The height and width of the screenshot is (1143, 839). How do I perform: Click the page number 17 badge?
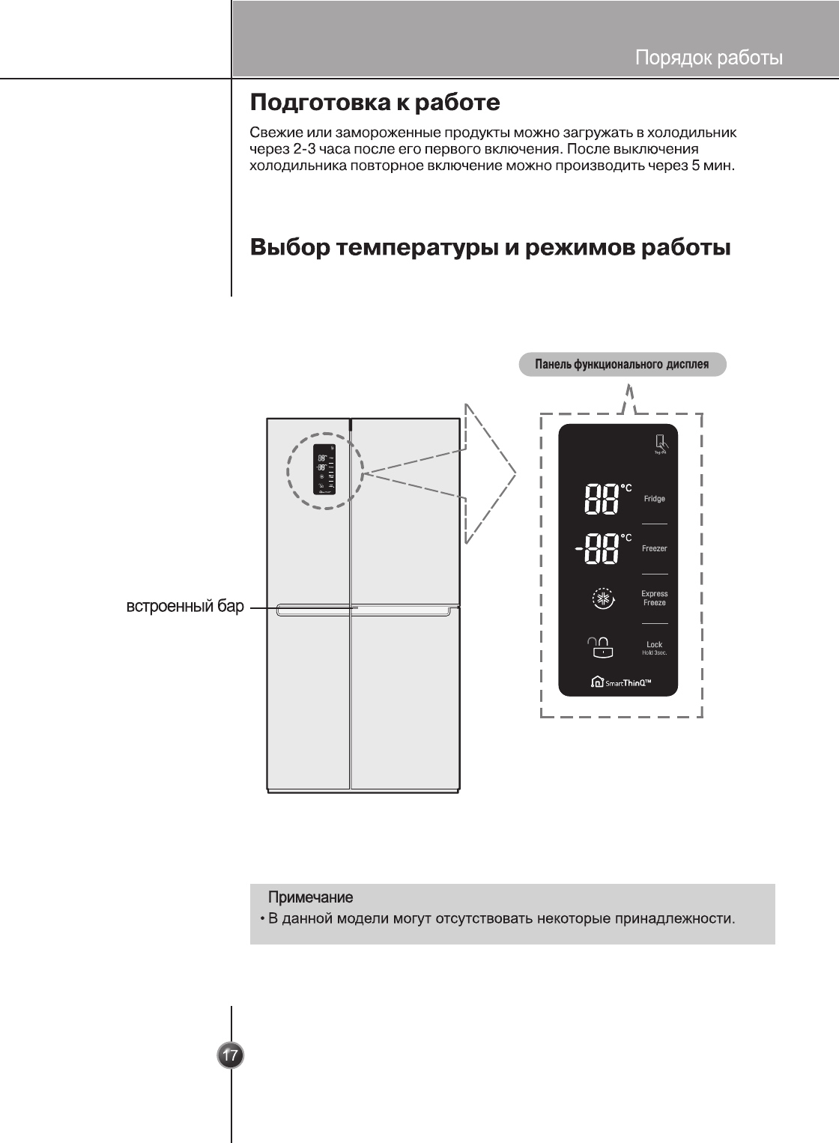point(231,1055)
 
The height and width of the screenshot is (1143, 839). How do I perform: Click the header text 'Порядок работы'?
point(709,58)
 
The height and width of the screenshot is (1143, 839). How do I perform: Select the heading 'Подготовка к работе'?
point(375,102)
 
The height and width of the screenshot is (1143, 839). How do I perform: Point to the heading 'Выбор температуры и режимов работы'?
point(490,246)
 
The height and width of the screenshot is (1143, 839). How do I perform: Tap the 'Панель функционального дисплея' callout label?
point(622,365)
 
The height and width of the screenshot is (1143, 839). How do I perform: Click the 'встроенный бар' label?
point(185,607)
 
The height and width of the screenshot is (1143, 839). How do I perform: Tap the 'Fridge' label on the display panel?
point(654,499)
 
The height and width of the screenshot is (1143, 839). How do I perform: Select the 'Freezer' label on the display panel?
point(654,548)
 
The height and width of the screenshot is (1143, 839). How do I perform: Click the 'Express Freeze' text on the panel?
point(654,598)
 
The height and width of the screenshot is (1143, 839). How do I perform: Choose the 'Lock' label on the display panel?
point(654,645)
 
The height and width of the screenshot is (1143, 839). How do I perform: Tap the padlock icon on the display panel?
point(602,646)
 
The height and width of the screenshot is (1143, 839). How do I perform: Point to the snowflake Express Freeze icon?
point(602,598)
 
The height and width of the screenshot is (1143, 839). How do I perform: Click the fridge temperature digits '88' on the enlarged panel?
point(601,499)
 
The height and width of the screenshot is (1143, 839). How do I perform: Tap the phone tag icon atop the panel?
point(661,443)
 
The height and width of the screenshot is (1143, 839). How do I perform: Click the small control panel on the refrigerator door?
point(325,472)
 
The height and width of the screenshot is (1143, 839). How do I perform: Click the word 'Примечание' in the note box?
point(310,897)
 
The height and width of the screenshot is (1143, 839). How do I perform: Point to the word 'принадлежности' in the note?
point(674,918)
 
